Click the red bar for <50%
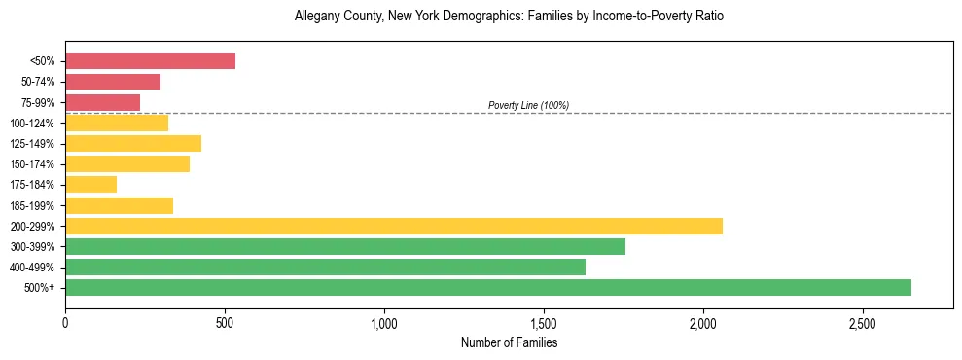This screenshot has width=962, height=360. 150,60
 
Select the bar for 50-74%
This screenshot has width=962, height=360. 113,82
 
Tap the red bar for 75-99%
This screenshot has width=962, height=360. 102,102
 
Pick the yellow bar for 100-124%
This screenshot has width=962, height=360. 117,123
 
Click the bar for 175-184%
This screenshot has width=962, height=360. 90,185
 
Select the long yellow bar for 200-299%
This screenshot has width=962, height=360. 393,226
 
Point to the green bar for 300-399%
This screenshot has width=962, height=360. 344,246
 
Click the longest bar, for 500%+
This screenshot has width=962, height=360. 487,287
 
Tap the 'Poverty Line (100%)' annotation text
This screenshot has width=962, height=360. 528,105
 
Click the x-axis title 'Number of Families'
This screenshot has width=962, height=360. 509,342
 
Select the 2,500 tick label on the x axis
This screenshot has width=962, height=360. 863,322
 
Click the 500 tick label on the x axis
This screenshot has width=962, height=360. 225,322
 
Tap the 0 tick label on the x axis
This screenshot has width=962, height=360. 65,322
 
